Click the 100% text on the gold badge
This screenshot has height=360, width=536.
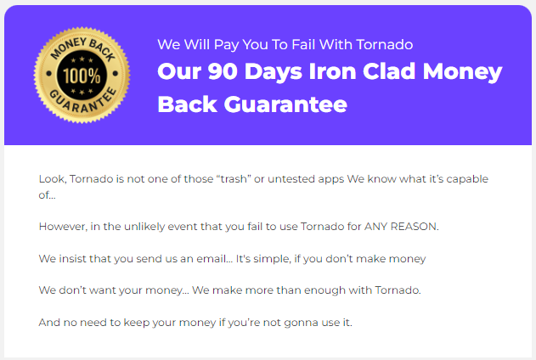[x=82, y=75]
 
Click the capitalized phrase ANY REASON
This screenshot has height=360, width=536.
[x=403, y=227]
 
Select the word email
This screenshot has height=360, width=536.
[x=223, y=258]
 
